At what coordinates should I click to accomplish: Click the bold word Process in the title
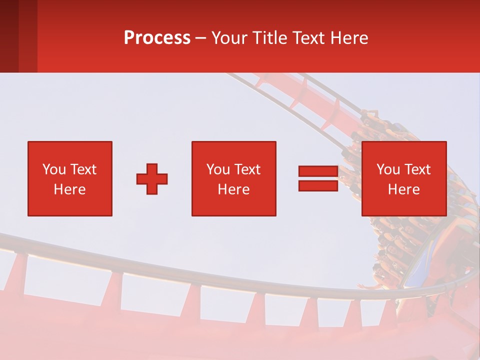[157, 38]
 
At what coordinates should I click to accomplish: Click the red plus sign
[152, 178]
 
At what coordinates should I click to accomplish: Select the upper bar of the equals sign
[318, 171]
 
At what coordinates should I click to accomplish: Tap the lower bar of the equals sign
[318, 185]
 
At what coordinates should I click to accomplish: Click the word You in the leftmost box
[53, 169]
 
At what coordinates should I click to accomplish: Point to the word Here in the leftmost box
[69, 189]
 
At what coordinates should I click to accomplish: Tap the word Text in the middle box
[246, 169]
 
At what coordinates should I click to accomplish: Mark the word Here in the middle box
[233, 189]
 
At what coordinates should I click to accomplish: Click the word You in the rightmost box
[388, 169]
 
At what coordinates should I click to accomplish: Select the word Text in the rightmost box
[416, 169]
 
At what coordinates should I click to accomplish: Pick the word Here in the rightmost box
[403, 189]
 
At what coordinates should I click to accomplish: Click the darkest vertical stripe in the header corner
[9, 36]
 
